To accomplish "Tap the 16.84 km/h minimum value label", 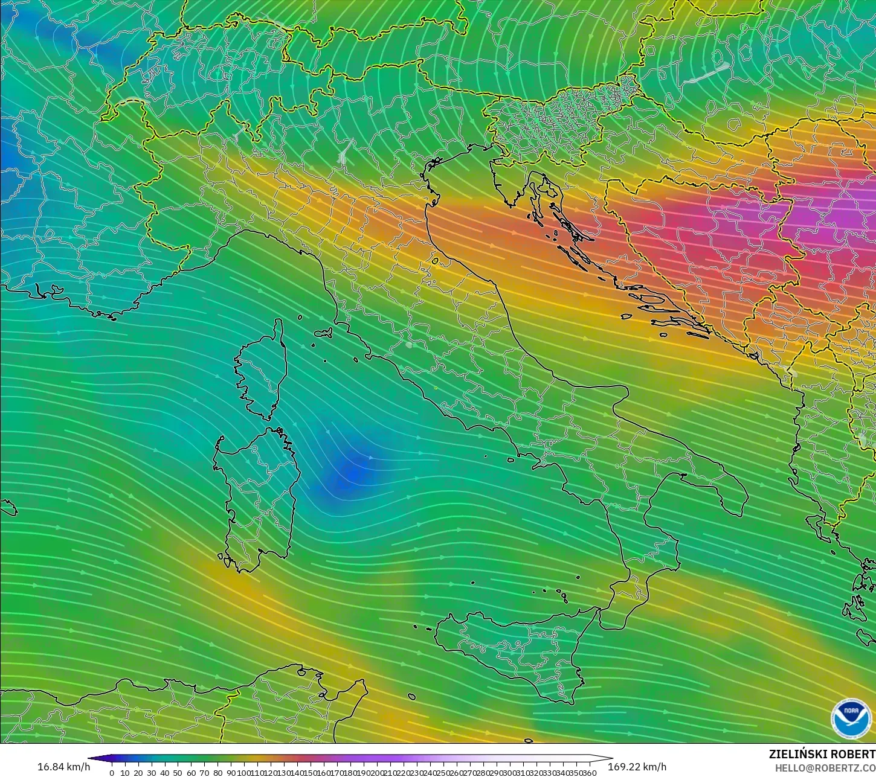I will coord(64,767).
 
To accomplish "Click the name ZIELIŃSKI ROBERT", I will coord(822,754).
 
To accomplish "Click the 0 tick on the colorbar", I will coord(112,773).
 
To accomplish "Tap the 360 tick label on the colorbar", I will coord(589,773).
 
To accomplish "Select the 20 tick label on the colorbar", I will coord(138,773).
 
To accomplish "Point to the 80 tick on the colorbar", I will coord(217,773).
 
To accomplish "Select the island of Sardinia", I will coord(257,495).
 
